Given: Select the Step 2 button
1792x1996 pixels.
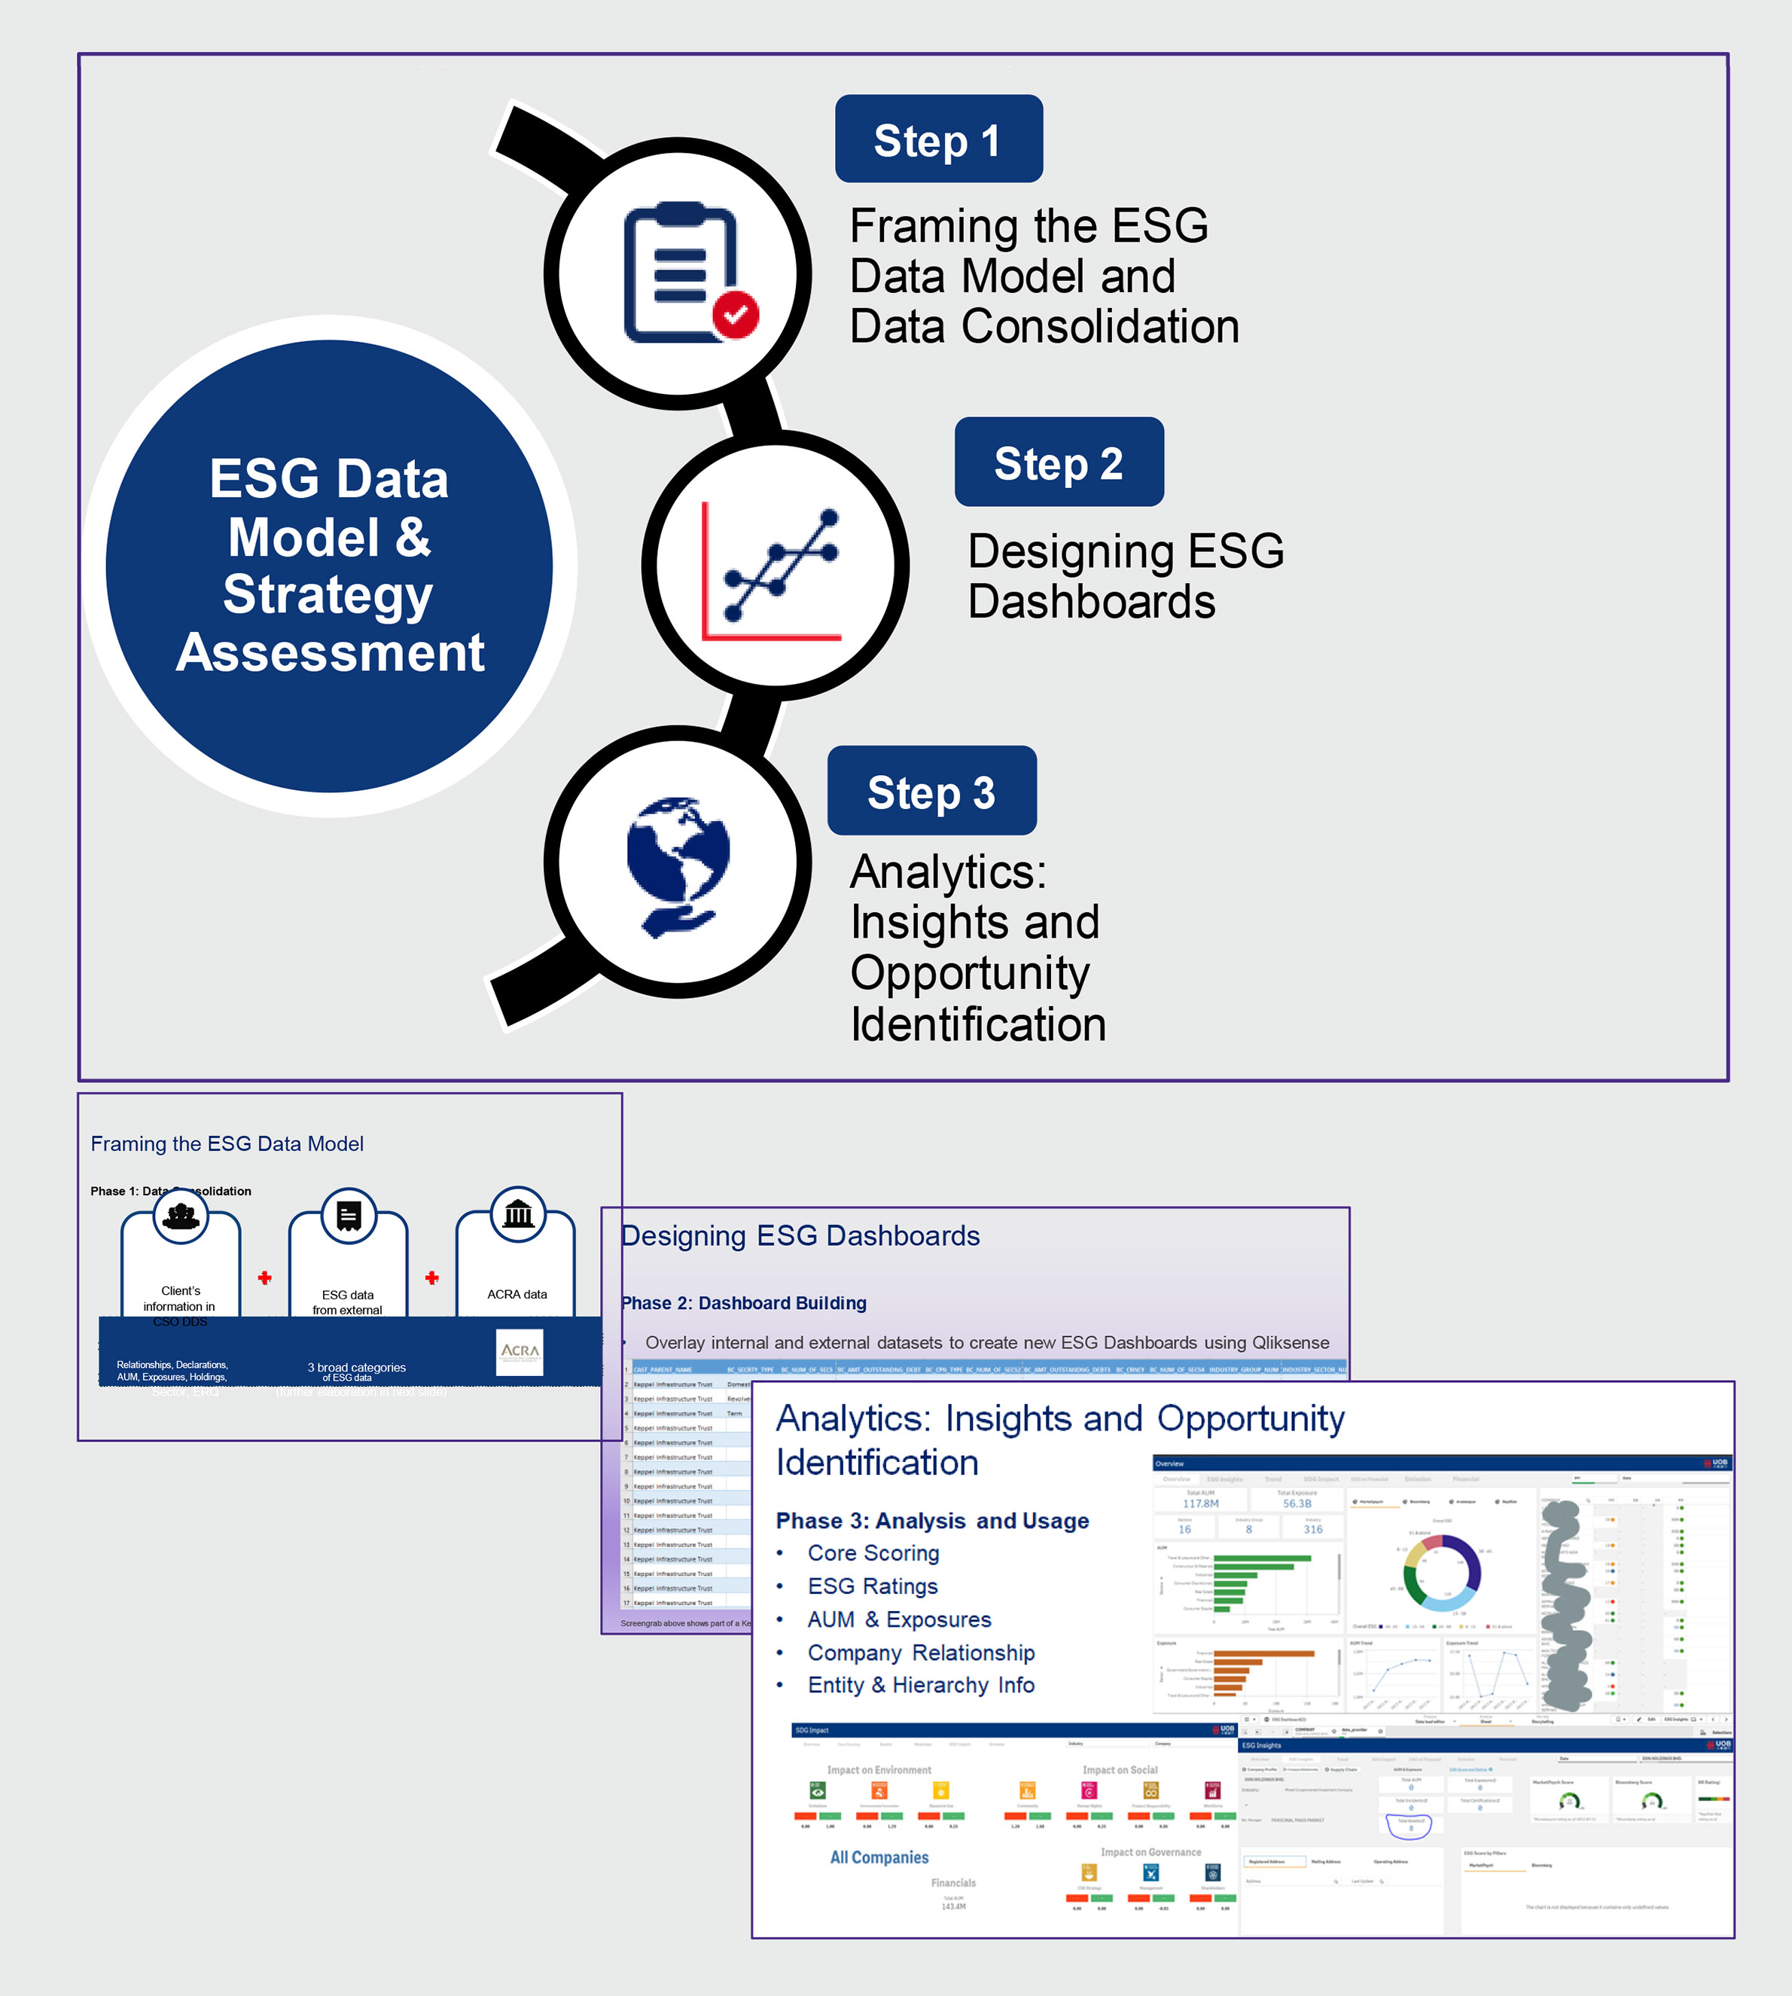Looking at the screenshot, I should [1059, 462].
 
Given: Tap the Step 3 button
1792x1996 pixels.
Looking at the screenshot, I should [931, 792].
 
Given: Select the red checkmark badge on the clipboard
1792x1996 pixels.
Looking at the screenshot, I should [736, 314].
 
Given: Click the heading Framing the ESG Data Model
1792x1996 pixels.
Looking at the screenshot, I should [227, 1143].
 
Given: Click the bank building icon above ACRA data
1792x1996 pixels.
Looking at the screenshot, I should [518, 1215].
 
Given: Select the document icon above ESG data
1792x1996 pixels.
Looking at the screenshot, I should [349, 1216].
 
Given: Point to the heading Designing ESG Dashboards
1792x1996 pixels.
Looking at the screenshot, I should [800, 1236].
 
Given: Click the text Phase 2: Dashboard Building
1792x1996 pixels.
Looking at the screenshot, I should [743, 1303].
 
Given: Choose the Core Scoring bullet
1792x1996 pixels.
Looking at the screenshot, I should [873, 1553].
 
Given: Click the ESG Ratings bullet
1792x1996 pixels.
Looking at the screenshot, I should [873, 1586].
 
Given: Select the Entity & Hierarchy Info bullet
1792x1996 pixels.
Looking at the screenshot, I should [921, 1685].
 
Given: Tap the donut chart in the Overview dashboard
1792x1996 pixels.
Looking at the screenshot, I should [1440, 1573].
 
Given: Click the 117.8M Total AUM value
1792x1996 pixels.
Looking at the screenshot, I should [1200, 1503].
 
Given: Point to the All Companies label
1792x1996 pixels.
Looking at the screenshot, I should [879, 1857].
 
